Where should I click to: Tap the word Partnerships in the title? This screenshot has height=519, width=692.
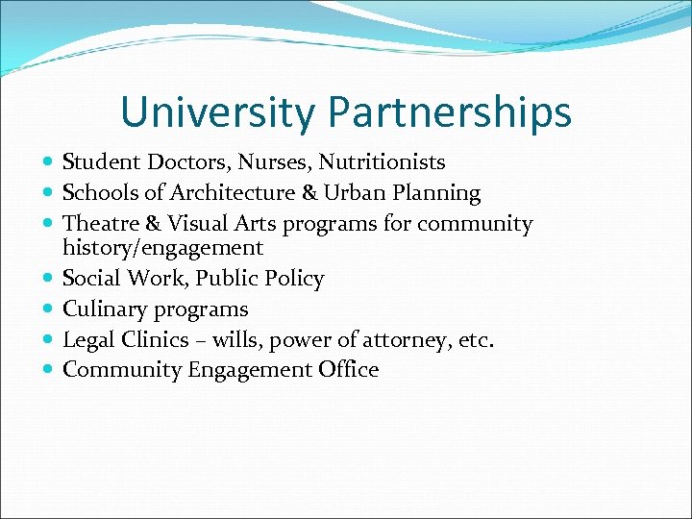click(449, 112)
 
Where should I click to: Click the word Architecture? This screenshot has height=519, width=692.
click(230, 193)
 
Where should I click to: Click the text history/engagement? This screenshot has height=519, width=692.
click(162, 248)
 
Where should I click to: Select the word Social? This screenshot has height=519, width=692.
click(91, 279)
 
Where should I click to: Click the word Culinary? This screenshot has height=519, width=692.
click(101, 309)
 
